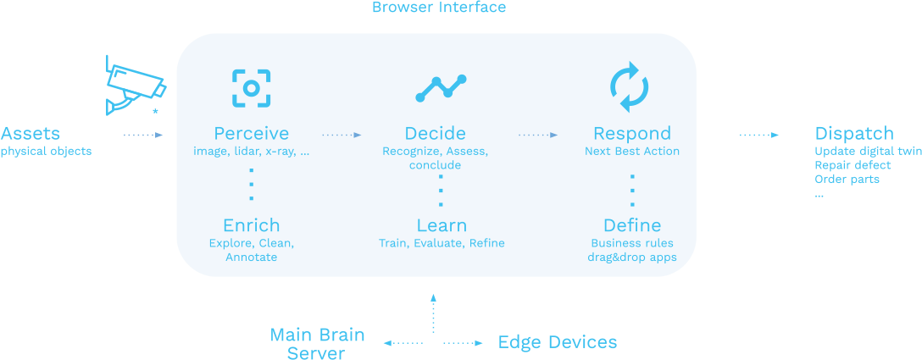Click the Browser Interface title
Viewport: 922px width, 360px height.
[439, 7]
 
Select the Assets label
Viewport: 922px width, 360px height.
[31, 133]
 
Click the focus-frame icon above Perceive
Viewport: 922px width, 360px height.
[251, 88]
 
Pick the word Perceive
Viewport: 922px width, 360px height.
[251, 134]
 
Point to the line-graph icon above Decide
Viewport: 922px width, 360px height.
[441, 87]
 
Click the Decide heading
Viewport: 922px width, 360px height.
[435, 133]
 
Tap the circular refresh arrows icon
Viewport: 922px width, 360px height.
[629, 87]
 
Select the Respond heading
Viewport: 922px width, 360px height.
[632, 134]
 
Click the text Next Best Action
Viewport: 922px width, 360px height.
[632, 151]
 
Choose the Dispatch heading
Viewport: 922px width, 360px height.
[854, 134]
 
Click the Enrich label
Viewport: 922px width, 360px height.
[251, 225]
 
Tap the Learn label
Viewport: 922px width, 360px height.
[442, 225]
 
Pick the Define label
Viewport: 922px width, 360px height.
[632, 225]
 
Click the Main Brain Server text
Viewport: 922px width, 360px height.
[317, 344]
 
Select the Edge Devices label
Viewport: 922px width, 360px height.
[558, 342]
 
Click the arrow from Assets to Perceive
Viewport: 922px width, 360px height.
[143, 136]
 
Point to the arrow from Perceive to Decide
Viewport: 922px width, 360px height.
[342, 136]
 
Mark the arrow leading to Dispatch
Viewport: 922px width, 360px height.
[759, 136]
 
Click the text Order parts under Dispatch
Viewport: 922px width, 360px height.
[847, 180]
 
